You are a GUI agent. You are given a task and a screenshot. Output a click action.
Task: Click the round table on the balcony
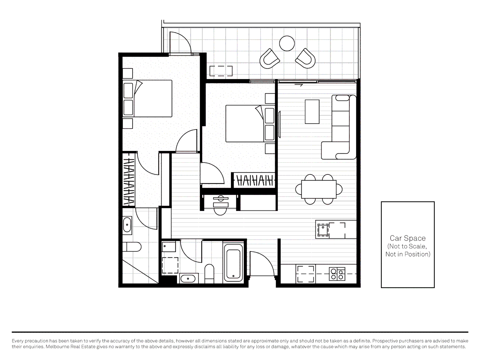(287, 43)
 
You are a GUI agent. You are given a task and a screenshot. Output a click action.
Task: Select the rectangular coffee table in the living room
(312, 112)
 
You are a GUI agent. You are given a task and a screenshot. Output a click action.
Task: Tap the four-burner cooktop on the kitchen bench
(337, 274)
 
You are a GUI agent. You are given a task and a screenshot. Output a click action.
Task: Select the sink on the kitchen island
(323, 230)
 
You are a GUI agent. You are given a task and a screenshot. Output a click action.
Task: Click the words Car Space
(408, 238)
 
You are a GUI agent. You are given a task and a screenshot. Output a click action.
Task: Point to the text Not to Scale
(407, 246)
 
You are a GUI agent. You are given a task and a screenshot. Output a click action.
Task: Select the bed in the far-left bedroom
(148, 98)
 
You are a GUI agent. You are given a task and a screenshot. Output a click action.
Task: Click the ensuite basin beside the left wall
(127, 225)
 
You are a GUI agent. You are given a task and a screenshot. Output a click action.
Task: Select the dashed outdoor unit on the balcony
(221, 71)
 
